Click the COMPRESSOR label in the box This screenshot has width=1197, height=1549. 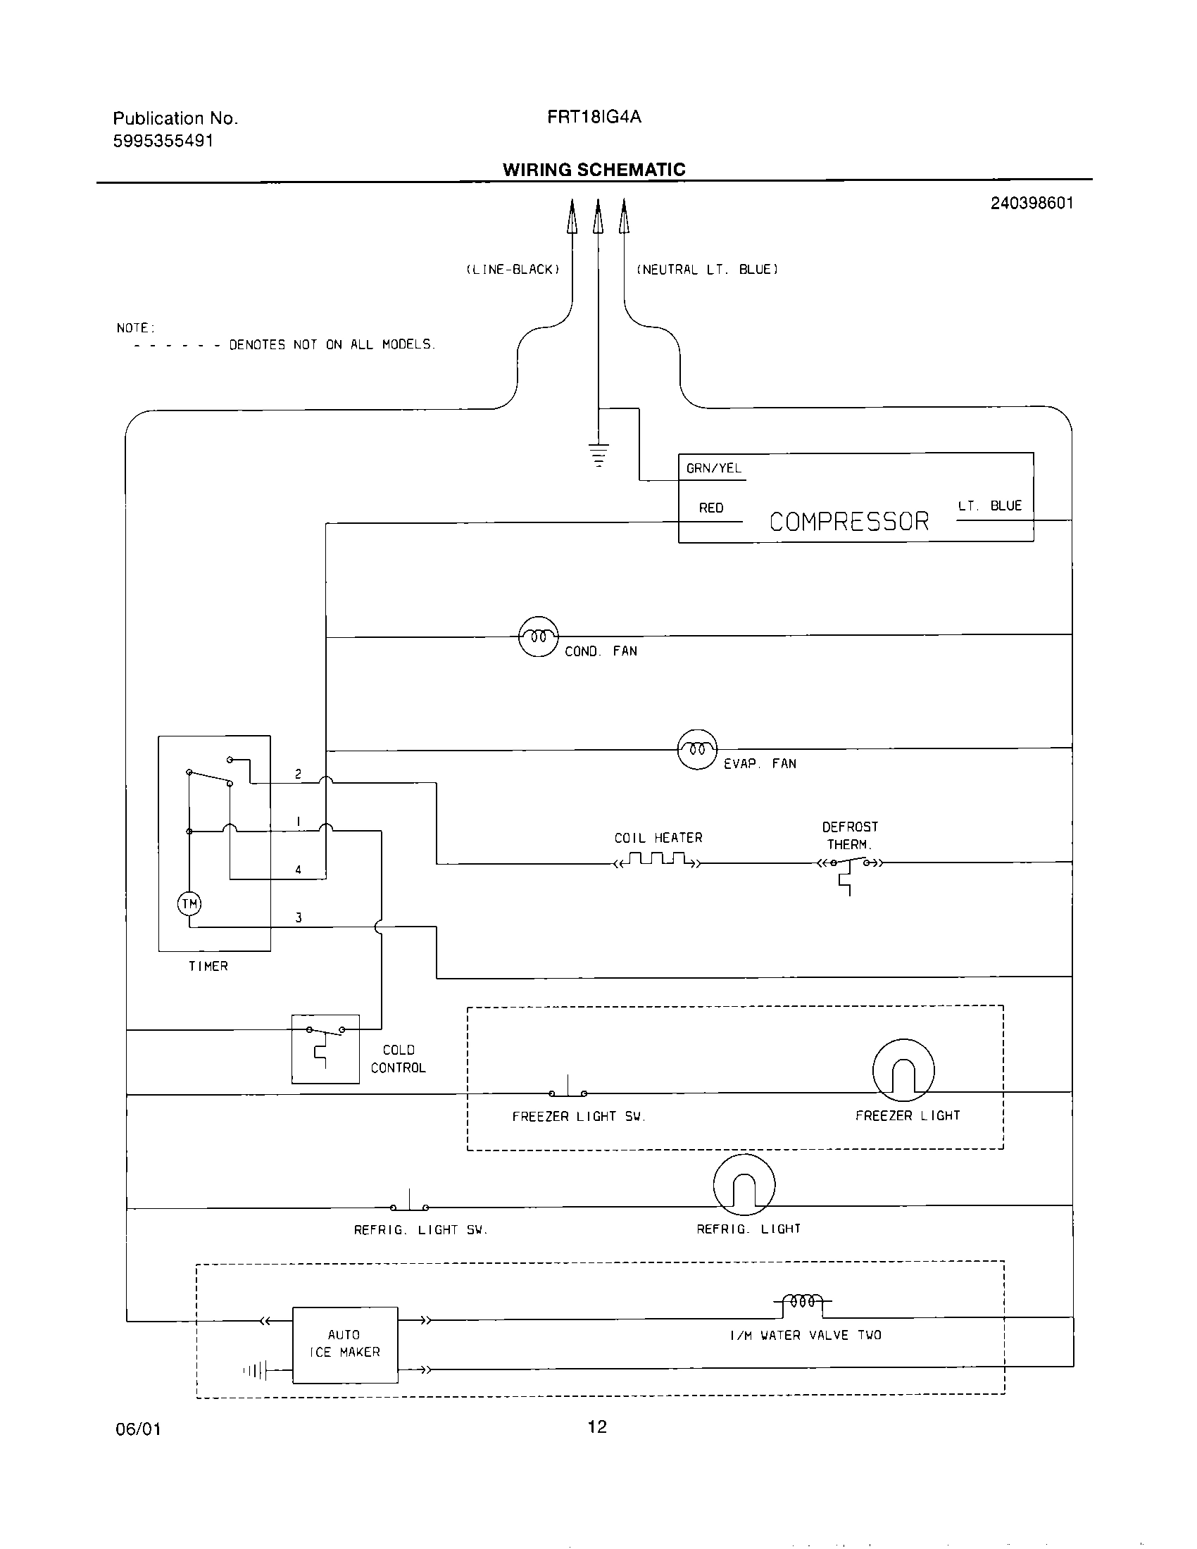[x=849, y=521]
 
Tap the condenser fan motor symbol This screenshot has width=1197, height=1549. [x=539, y=636]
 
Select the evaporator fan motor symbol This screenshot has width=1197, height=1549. [x=698, y=749]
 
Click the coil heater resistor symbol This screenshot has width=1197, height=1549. [x=658, y=861]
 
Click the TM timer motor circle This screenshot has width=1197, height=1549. [x=189, y=903]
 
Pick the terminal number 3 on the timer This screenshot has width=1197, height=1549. [x=299, y=917]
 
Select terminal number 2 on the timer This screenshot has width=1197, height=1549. [x=299, y=774]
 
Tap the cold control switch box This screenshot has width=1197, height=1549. [x=325, y=1049]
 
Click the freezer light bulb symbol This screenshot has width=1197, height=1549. [x=903, y=1071]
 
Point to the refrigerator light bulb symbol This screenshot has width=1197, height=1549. [x=744, y=1185]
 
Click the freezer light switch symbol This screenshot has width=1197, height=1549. [x=568, y=1090]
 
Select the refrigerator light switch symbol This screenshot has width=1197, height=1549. [x=410, y=1203]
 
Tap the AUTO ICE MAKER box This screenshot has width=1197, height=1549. [x=345, y=1344]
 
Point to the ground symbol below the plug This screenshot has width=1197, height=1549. [x=598, y=454]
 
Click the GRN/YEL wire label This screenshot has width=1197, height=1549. [x=713, y=468]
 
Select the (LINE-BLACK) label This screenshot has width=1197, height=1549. [x=513, y=270]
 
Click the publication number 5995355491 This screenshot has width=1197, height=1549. [x=163, y=140]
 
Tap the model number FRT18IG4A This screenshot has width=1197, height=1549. [x=594, y=117]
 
